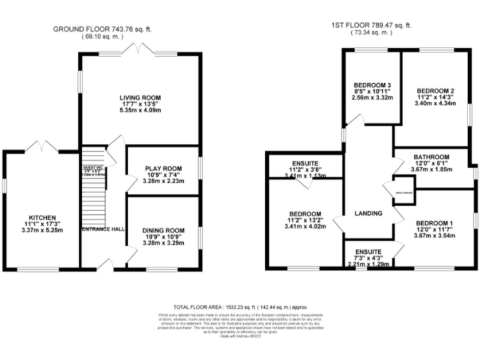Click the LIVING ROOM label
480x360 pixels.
[x=141, y=98]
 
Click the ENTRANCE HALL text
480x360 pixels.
[x=102, y=229]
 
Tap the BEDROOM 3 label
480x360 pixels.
[x=372, y=85]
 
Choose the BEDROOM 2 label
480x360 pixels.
[x=435, y=91]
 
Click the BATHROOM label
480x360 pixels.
[x=431, y=157]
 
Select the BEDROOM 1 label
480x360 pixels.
[x=434, y=223]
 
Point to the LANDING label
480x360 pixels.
[x=368, y=213]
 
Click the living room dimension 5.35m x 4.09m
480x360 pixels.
[x=141, y=111]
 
